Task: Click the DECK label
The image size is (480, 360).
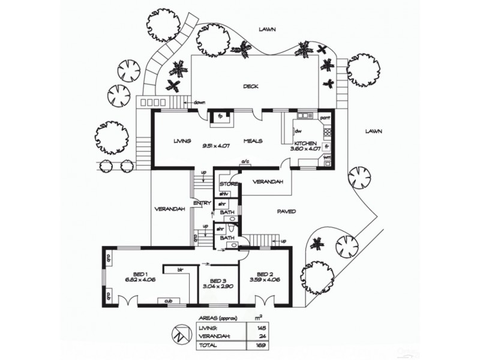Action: [x=251, y=86]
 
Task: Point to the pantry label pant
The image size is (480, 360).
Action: [x=325, y=118]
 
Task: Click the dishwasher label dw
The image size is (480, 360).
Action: [x=298, y=130]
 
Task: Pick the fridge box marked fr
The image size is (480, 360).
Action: [x=328, y=145]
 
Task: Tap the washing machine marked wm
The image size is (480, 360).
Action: [x=328, y=158]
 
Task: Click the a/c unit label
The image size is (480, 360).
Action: [x=245, y=162]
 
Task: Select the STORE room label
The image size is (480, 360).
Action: [x=229, y=184]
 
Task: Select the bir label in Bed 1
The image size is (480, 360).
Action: [x=179, y=270]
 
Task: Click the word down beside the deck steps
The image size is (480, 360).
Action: [x=200, y=103]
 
